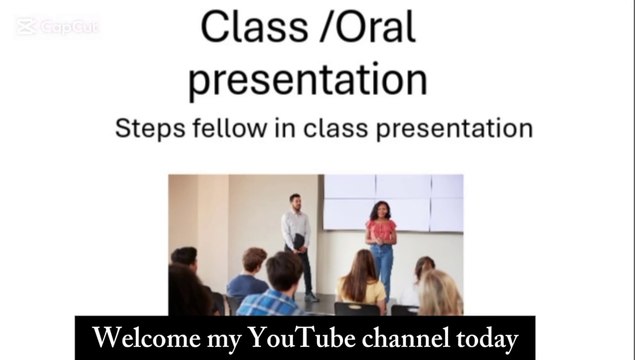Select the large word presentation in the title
[307, 80]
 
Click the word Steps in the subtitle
[150, 129]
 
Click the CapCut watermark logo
[57, 27]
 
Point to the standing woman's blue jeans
[382, 268]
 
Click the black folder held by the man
[297, 242]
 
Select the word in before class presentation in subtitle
[308, 129]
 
